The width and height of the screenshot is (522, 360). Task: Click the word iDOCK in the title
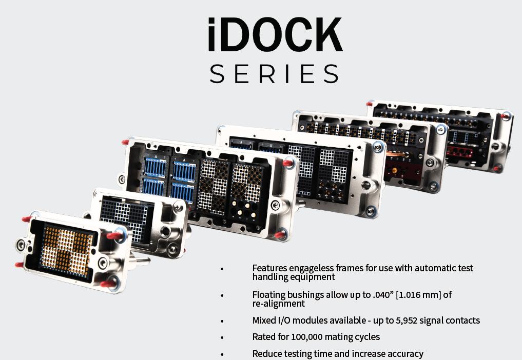[275, 34]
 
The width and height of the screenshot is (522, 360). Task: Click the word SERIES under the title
[275, 73]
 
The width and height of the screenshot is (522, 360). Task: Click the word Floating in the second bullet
[269, 295]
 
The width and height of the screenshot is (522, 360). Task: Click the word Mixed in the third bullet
[264, 321]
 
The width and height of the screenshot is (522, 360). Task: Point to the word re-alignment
[278, 304]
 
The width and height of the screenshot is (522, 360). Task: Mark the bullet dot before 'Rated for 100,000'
[222, 338]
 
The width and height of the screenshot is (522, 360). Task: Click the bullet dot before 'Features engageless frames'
[222, 269]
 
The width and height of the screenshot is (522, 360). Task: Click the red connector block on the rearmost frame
[462, 150]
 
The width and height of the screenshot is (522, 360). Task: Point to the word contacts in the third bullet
[462, 321]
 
